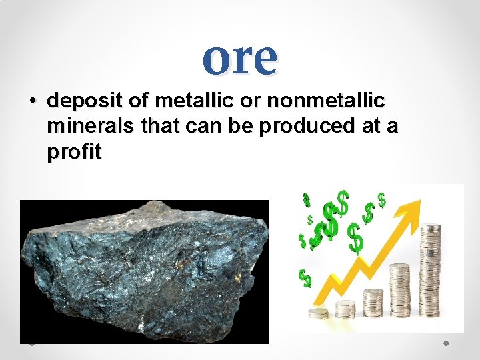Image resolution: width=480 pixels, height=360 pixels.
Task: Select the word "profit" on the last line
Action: tap(73, 153)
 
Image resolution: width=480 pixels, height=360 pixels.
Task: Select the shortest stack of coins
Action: tap(319, 313)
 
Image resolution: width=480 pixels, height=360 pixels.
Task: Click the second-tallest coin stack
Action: tap(400, 291)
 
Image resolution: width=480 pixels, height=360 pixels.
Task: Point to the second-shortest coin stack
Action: tap(345, 309)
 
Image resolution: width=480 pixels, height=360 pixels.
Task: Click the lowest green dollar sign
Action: tap(305, 278)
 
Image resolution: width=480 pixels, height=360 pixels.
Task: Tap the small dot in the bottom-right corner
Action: tap(446, 343)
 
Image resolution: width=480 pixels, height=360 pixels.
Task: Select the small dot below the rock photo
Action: tap(31, 345)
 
